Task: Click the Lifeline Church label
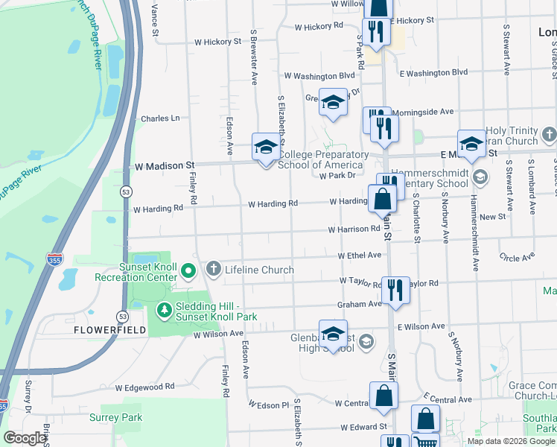tap(259, 270)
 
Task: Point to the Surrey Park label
tap(115, 417)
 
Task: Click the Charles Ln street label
tap(160, 118)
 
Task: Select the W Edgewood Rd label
tap(144, 387)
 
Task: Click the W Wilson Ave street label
tap(219, 335)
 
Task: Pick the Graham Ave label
tap(359, 304)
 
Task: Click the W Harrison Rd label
tap(354, 229)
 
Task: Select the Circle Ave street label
tap(518, 258)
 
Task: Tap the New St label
tap(492, 216)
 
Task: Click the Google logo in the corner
tap(25, 438)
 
